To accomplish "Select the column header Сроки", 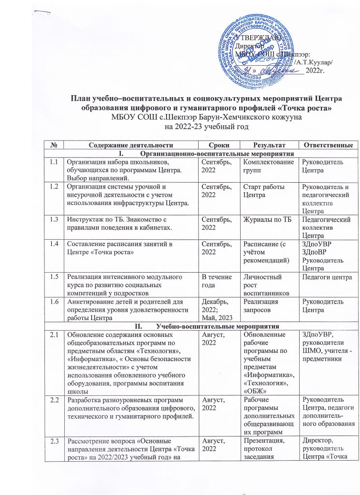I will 219,145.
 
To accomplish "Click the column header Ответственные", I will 327,145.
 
